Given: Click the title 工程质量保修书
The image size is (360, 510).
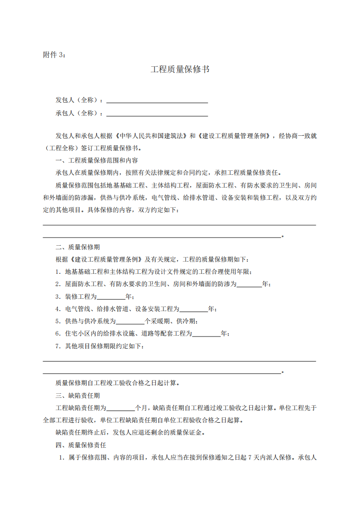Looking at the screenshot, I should click(x=180, y=69).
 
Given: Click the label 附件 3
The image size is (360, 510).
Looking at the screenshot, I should click(x=54, y=54).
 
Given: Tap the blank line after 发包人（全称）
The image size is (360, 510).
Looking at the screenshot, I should click(x=157, y=101).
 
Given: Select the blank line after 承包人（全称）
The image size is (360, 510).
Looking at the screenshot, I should click(x=157, y=114).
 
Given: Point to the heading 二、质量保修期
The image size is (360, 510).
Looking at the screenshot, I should click(x=78, y=247).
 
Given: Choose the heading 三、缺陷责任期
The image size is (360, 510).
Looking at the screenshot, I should click(x=78, y=395).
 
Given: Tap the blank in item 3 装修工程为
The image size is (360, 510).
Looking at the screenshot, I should click(x=111, y=297).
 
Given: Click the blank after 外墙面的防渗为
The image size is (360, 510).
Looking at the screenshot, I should click(x=249, y=285).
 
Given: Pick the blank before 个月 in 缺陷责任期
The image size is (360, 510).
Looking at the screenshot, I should click(x=121, y=408).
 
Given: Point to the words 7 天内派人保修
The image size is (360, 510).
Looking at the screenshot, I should click(x=270, y=458).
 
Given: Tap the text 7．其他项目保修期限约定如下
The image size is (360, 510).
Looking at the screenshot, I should click(x=99, y=346).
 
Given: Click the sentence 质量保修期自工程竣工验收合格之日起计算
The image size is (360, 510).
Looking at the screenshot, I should click(x=117, y=382).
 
